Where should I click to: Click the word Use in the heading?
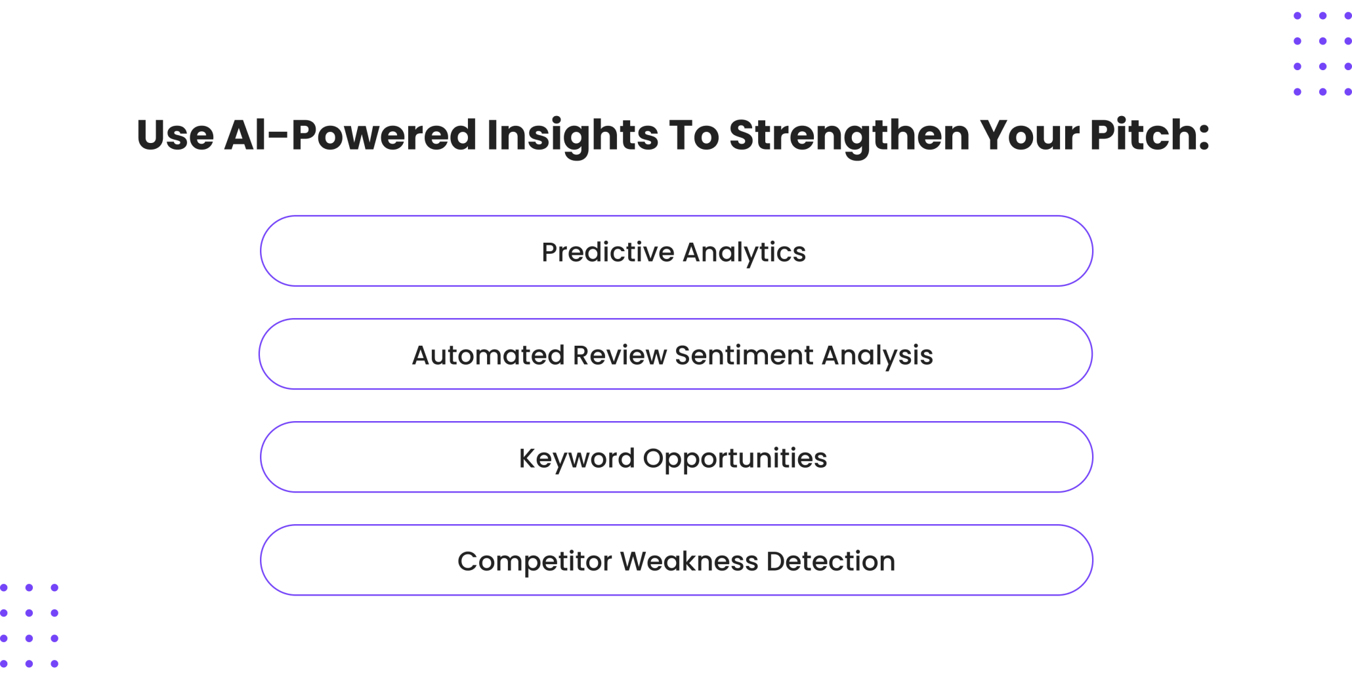pos(175,134)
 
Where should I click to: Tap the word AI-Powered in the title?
pos(350,134)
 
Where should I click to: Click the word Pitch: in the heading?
pos(1149,134)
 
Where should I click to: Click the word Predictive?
pos(608,252)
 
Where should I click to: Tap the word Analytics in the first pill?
pos(744,254)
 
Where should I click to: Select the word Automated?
pos(488,355)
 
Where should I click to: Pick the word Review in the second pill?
pos(620,355)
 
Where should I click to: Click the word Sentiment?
pos(744,355)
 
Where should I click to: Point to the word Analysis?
pos(877,357)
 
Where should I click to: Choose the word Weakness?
pos(689,561)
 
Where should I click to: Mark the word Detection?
pos(831,561)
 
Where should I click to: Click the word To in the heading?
pos(694,134)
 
